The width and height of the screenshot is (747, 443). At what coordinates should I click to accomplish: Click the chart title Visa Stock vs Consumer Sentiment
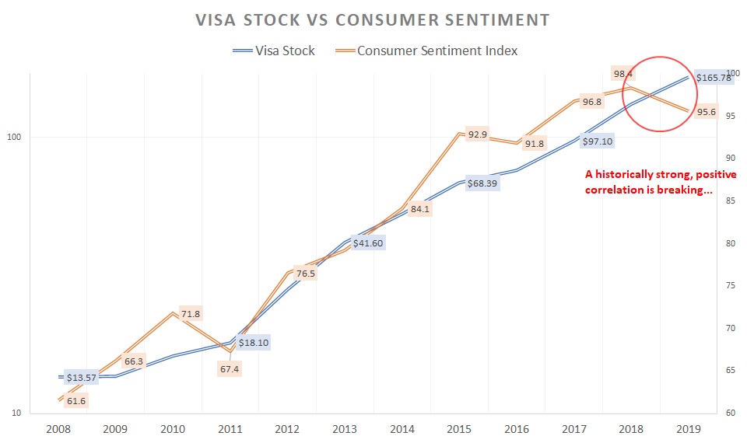pyautogui.click(x=373, y=18)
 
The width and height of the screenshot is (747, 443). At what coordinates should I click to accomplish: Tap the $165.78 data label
pyautogui.click(x=714, y=78)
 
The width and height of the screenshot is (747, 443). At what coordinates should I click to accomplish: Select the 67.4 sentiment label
pyautogui.click(x=230, y=369)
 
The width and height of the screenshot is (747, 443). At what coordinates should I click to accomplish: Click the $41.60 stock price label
pyautogui.click(x=368, y=242)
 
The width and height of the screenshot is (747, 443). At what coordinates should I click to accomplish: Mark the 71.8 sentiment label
pyautogui.click(x=190, y=314)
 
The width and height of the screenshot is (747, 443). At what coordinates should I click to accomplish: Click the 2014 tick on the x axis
pyautogui.click(x=402, y=428)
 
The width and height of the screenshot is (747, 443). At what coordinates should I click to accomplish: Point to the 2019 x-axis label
pyautogui.click(x=689, y=428)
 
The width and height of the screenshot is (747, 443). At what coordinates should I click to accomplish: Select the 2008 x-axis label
pyautogui.click(x=58, y=428)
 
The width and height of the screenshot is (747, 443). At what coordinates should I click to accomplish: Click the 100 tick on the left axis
pyautogui.click(x=14, y=138)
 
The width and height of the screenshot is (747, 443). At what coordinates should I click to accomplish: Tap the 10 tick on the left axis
pyautogui.click(x=16, y=413)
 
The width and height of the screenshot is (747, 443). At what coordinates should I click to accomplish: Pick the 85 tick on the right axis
pyautogui.click(x=730, y=201)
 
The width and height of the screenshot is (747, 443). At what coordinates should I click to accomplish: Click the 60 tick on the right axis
pyautogui.click(x=730, y=413)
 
